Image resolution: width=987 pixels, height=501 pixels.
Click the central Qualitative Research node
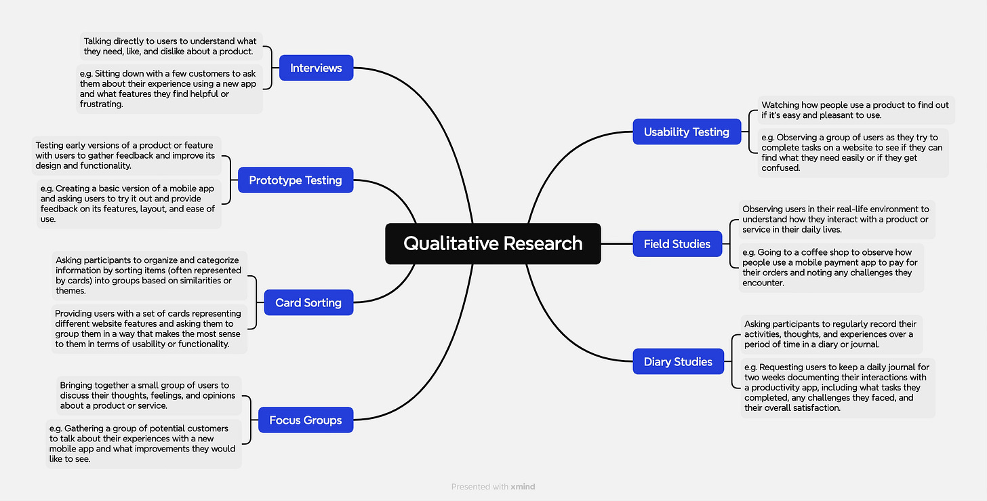point(493,243)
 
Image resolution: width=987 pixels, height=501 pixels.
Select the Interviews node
point(316,68)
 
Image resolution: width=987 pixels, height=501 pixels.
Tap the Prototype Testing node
point(295,180)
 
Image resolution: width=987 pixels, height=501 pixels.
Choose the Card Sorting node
point(308,302)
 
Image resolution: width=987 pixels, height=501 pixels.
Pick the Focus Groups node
point(305,420)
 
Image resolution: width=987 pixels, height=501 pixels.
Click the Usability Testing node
point(686,132)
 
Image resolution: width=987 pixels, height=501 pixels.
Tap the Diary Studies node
point(678,362)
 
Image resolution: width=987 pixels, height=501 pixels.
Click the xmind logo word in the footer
point(523,487)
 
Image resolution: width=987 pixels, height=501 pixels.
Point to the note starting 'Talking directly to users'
point(169,47)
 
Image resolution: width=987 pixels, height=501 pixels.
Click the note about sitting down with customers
point(169,89)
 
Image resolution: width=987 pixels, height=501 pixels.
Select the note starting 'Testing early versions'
point(127,155)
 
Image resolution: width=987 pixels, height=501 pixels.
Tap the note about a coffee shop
point(831,268)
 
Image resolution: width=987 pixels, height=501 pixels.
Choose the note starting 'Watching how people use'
point(855,110)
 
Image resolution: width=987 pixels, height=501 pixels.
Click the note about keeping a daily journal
point(837,388)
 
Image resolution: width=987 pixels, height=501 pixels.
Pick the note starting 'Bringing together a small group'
point(148,395)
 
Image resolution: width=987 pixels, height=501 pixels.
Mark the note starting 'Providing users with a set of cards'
point(148,329)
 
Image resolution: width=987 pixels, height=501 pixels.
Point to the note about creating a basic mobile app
point(129,203)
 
